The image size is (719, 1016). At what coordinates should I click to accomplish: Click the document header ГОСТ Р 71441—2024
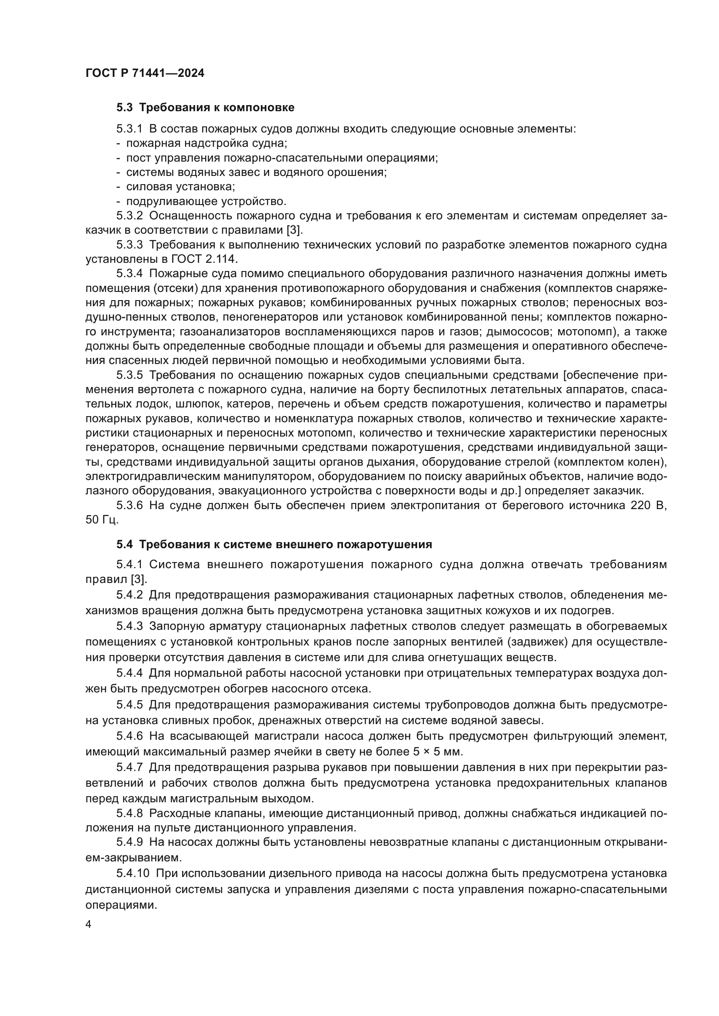[145, 73]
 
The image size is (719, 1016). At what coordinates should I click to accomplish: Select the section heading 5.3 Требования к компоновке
[206, 108]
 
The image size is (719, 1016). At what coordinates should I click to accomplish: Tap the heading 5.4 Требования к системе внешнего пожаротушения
[274, 544]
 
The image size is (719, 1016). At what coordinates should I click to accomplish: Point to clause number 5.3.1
[129, 129]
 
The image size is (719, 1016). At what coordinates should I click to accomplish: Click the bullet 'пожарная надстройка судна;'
[207, 143]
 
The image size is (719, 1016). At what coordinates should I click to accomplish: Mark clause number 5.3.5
[129, 375]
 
